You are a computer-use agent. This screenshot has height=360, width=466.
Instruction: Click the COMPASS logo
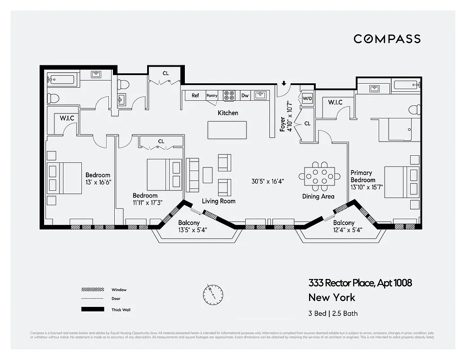[387, 39]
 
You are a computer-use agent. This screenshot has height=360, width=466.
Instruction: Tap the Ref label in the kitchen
[195, 95]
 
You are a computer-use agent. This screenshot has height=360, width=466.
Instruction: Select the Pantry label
[212, 95]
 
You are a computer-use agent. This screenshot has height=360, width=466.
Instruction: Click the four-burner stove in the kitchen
[229, 95]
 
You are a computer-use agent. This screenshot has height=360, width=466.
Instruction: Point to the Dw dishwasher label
[245, 95]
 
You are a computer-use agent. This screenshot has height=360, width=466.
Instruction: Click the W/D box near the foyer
[307, 98]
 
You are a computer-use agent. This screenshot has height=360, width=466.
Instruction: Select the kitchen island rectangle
[227, 130]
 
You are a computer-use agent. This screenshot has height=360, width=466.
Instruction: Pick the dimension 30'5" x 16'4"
[268, 181]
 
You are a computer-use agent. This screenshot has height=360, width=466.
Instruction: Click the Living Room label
[219, 201]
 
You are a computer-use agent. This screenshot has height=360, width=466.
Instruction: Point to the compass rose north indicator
[213, 294]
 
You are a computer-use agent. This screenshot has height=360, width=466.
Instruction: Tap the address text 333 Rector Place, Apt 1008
[360, 283]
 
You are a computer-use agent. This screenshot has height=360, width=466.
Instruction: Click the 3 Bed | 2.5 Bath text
[333, 313]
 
